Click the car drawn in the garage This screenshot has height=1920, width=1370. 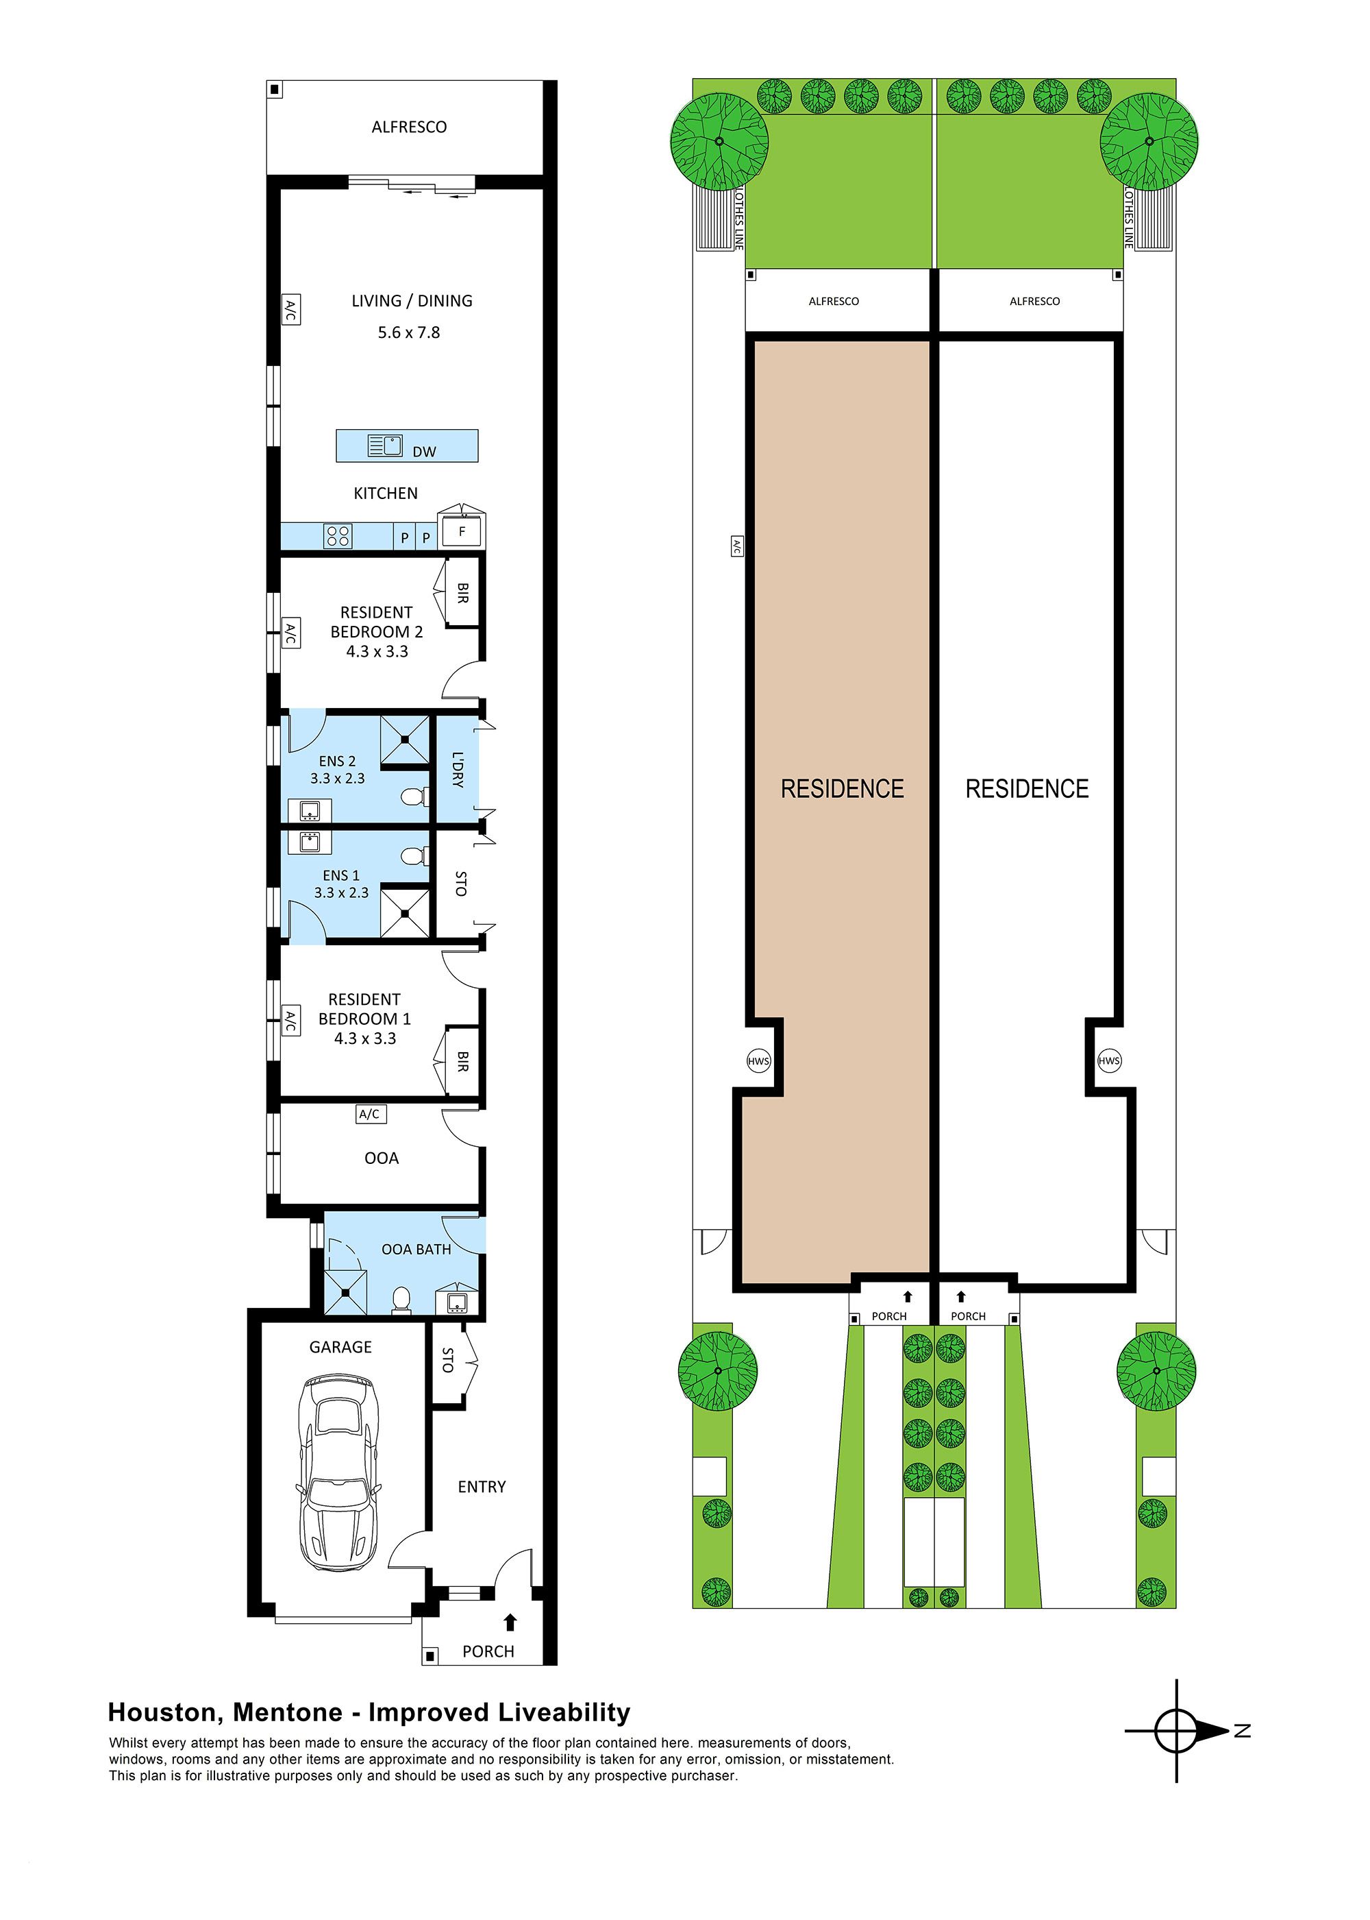[338, 1475]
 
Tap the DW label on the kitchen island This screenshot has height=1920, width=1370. [424, 452]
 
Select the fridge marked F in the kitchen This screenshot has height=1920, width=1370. [462, 532]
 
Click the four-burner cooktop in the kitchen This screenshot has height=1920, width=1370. [338, 535]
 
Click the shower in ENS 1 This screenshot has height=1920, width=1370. [405, 912]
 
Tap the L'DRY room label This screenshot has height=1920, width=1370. [457, 769]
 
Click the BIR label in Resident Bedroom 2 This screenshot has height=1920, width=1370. [462, 592]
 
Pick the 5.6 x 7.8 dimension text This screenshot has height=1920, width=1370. [409, 332]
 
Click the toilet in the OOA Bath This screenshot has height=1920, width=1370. [401, 1300]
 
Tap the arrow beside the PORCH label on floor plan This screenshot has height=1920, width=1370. [510, 1621]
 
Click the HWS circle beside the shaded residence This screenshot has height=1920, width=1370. [758, 1061]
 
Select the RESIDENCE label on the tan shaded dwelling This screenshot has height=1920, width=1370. [842, 789]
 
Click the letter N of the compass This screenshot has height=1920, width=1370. [1242, 1731]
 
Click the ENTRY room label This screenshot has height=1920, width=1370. [482, 1487]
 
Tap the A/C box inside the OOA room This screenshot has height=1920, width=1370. [369, 1114]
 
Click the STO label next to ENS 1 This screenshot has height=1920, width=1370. [460, 884]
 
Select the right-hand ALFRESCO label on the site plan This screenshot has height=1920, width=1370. [1034, 302]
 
